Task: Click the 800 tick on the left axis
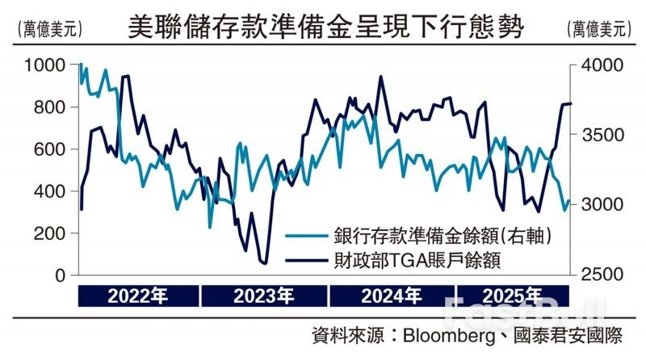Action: pos(51,107)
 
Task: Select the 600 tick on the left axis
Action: pos(51,149)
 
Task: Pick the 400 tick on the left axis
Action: pos(51,191)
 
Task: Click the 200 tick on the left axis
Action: pos(51,233)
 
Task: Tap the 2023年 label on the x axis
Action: pos(264,295)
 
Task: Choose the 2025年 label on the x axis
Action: pos(512,295)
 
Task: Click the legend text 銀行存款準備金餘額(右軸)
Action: pos(443,236)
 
